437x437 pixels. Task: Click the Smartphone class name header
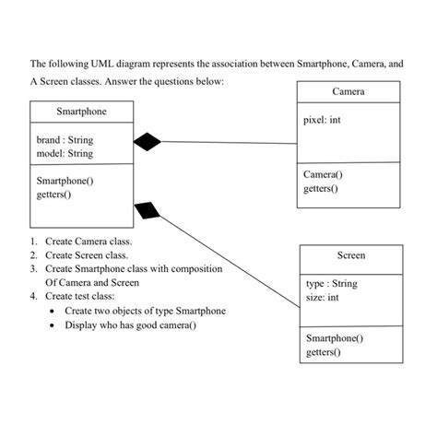pos(81,111)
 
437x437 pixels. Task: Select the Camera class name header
pos(348,92)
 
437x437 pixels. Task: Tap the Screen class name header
pos(350,255)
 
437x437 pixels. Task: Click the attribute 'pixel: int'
pos(328,121)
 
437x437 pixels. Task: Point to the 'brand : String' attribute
pos(65,140)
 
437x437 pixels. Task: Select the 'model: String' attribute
pos(65,154)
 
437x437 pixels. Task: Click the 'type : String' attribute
pos(331,284)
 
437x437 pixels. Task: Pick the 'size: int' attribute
pos(322,298)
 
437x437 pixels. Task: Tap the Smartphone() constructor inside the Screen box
pos(334,338)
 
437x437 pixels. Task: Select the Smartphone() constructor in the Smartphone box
pos(65,181)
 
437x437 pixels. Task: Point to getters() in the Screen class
pos(324,352)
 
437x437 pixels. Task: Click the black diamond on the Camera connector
pos(148,141)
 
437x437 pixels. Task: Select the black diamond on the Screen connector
pos(148,211)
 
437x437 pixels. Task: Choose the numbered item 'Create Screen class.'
pos(87,254)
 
